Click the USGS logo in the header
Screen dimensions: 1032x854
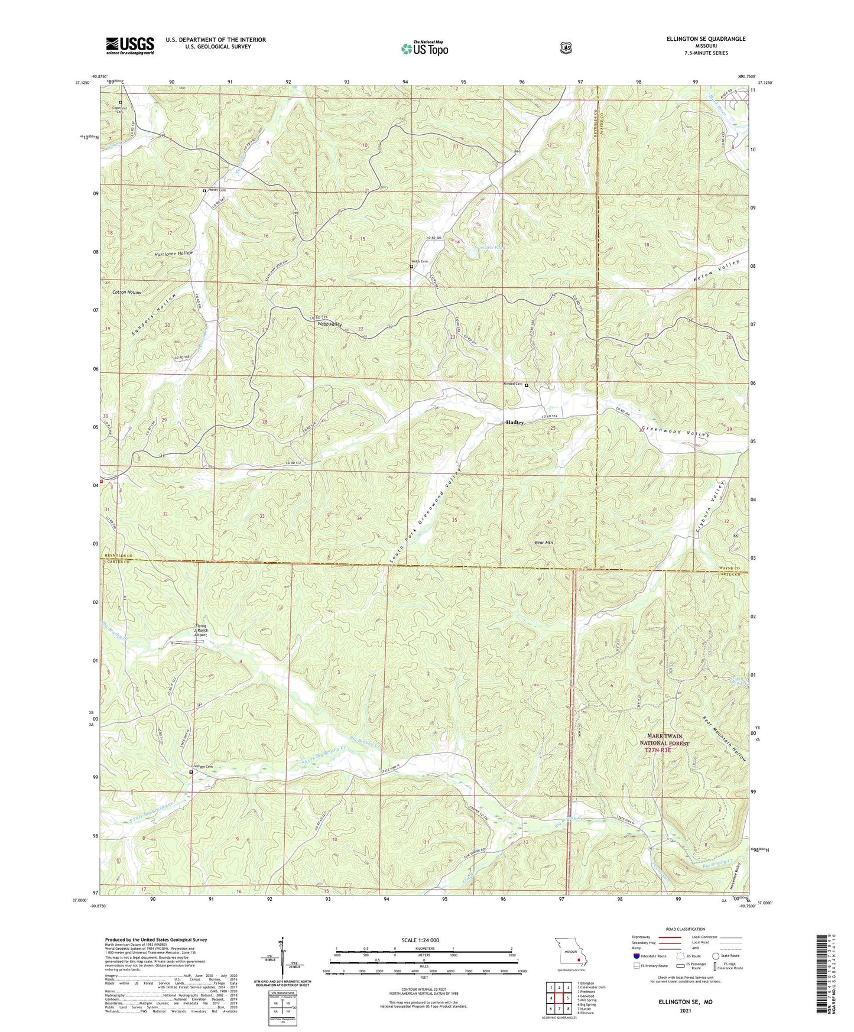tap(130, 46)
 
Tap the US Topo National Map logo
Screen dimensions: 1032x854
tap(424, 48)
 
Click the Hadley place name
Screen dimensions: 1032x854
tap(514, 423)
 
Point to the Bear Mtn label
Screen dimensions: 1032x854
tap(544, 542)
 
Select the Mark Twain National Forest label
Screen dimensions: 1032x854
tap(664, 740)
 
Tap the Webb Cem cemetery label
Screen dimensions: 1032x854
tap(420, 261)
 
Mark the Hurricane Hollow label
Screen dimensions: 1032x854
tap(174, 253)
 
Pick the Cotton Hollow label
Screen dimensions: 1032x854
tap(126, 293)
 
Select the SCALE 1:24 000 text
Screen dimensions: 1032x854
tap(420, 940)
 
